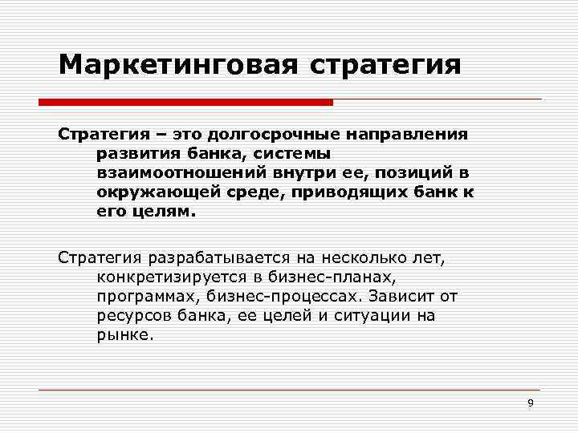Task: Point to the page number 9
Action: [530, 403]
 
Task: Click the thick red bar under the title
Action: [185, 103]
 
